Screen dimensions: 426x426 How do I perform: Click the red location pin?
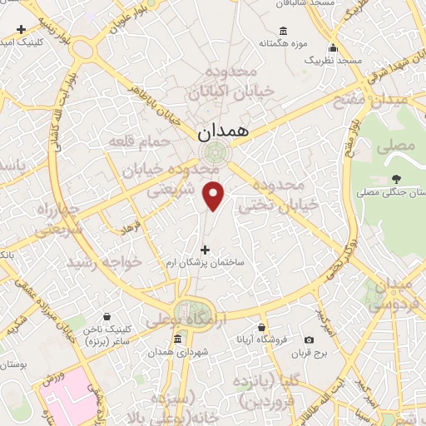click(x=214, y=195)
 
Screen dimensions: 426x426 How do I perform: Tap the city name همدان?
click(x=217, y=131)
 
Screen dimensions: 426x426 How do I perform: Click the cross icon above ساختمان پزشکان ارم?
click(x=205, y=249)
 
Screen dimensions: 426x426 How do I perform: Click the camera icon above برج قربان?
click(x=309, y=339)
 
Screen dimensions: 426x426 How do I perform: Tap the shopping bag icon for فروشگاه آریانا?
click(x=262, y=327)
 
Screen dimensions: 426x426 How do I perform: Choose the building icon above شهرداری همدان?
click(x=178, y=339)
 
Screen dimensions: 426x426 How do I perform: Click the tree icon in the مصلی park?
click(x=396, y=179)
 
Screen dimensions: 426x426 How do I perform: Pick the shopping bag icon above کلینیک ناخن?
click(x=106, y=316)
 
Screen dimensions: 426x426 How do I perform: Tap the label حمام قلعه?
click(x=140, y=142)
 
